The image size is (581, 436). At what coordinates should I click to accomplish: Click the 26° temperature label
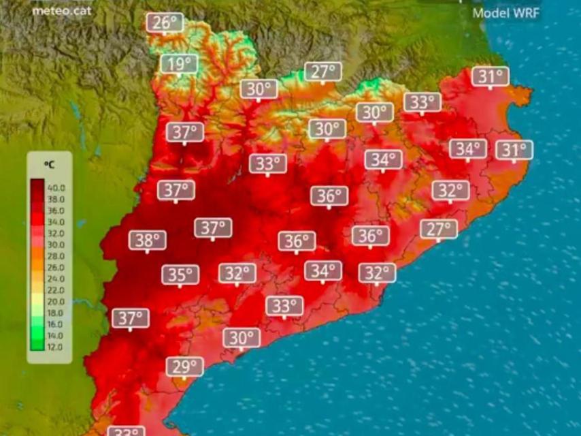tap(165, 22)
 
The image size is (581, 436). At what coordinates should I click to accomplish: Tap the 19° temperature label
tap(179, 65)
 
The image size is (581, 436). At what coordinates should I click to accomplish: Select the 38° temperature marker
tap(148, 240)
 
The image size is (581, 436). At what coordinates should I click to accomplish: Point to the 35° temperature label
tap(180, 275)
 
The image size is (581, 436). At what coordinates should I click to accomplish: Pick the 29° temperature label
tap(184, 367)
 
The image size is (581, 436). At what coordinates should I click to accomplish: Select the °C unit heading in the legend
tap(49, 165)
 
